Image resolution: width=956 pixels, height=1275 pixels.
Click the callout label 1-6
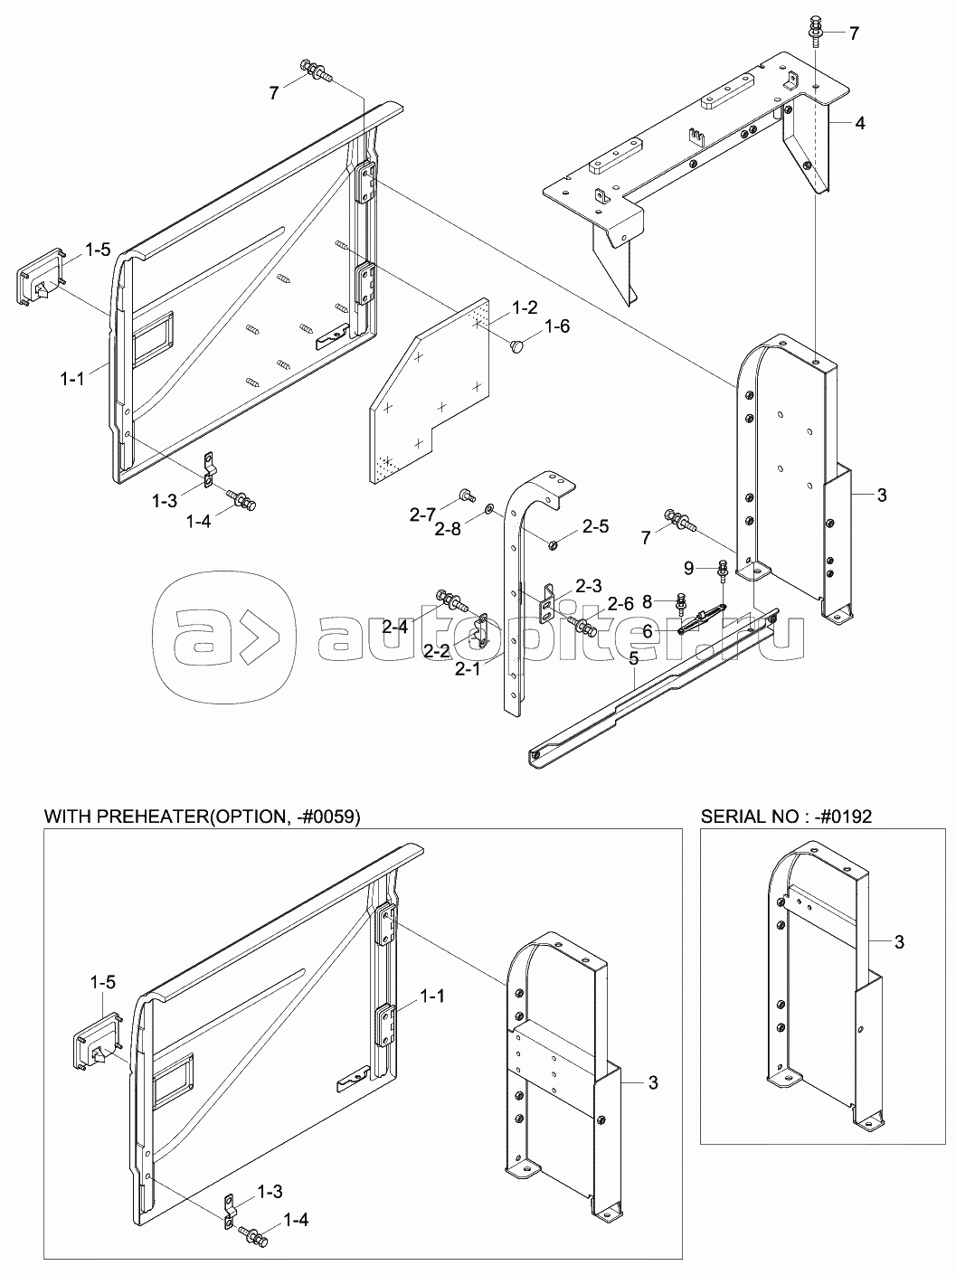[556, 326]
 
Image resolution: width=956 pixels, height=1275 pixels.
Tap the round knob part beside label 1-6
[516, 346]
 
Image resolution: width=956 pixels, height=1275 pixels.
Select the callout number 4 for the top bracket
[860, 124]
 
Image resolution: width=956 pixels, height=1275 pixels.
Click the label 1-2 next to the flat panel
[525, 307]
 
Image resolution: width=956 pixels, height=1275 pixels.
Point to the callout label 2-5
[595, 526]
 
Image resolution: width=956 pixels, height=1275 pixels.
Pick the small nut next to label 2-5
[554, 544]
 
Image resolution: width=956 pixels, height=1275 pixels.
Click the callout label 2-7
[422, 514]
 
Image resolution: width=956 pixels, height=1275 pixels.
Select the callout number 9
[689, 568]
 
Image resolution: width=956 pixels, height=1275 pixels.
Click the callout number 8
[648, 602]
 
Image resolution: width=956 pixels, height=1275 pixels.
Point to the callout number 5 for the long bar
[633, 658]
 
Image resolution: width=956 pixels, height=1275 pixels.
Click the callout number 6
[647, 630]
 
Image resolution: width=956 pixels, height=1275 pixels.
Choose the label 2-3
[589, 586]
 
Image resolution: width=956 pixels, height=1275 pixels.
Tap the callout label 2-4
[396, 626]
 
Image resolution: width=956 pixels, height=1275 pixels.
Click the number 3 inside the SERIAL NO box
[899, 941]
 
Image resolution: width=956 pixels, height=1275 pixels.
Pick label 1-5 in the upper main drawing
[98, 250]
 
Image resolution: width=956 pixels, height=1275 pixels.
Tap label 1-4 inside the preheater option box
[297, 1215]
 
